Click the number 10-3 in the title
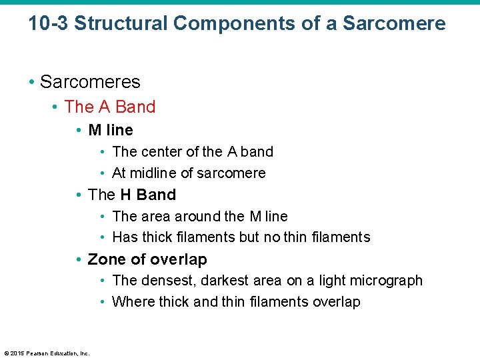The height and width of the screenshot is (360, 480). (x=48, y=23)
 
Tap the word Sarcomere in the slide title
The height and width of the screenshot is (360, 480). (x=394, y=23)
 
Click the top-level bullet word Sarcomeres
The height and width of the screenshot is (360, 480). (x=90, y=82)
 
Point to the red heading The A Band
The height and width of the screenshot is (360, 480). (x=110, y=107)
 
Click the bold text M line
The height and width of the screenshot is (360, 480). (x=111, y=130)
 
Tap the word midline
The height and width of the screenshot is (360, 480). (x=154, y=173)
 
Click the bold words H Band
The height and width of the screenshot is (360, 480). (x=148, y=195)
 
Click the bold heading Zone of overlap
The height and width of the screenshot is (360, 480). (x=147, y=259)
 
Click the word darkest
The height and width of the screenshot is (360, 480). (x=235, y=281)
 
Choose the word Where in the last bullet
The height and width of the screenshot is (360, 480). (x=131, y=302)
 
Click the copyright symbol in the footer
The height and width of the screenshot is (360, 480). (x=6, y=353)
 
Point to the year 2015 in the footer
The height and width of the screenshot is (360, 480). (x=17, y=353)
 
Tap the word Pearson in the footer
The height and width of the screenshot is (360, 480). (x=37, y=353)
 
